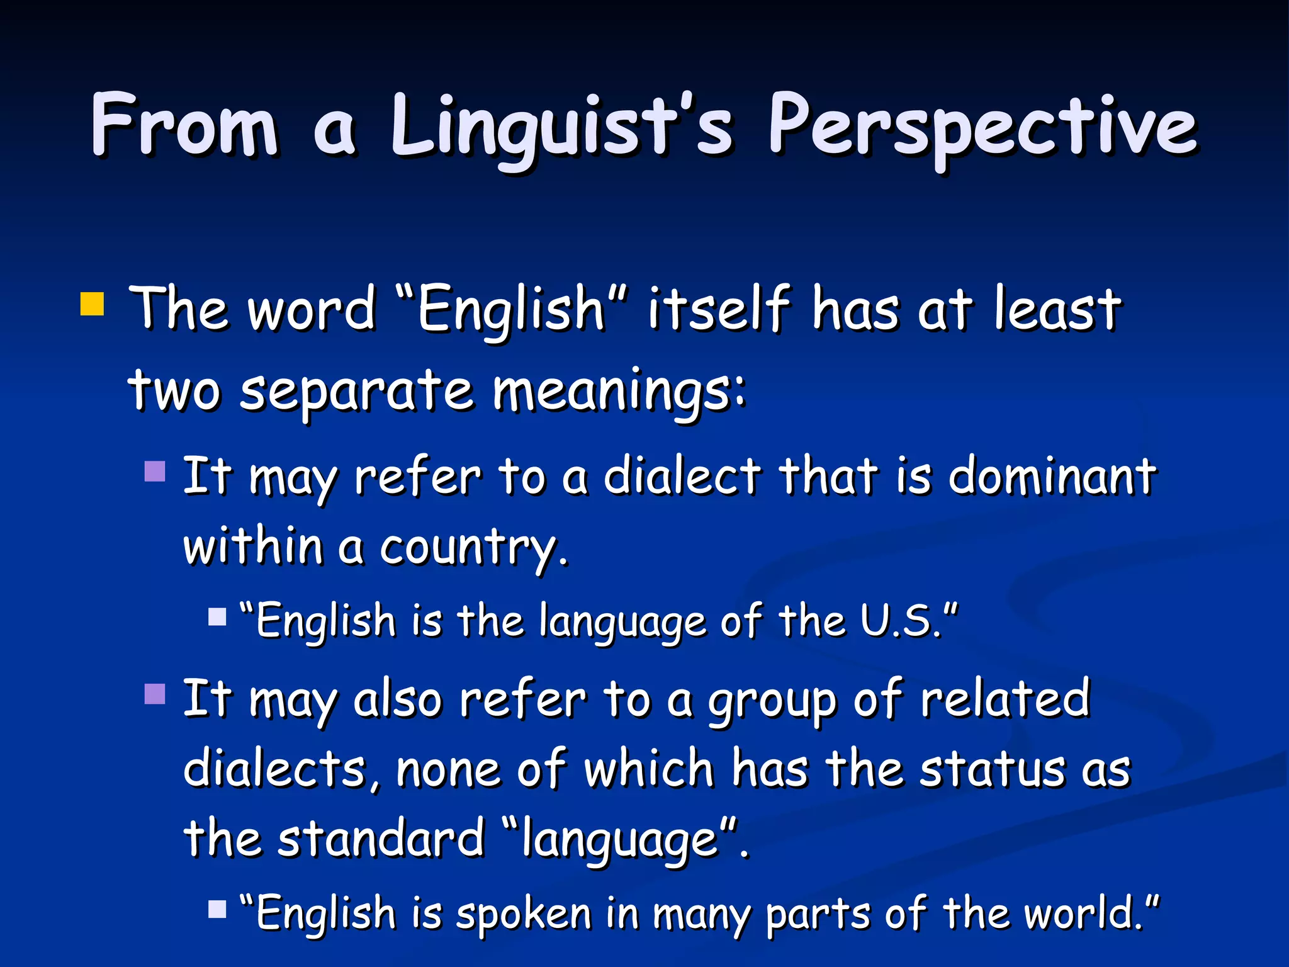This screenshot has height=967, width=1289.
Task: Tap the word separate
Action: tap(356, 390)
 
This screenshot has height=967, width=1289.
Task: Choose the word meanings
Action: tap(619, 390)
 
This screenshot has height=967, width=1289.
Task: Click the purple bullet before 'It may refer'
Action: tap(155, 471)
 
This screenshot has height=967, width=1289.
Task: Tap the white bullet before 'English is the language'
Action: tap(217, 616)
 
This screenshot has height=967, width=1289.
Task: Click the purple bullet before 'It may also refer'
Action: tap(155, 694)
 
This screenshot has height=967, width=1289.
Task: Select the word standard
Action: tap(381, 839)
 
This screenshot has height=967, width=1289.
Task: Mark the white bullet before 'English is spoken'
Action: tap(217, 909)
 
